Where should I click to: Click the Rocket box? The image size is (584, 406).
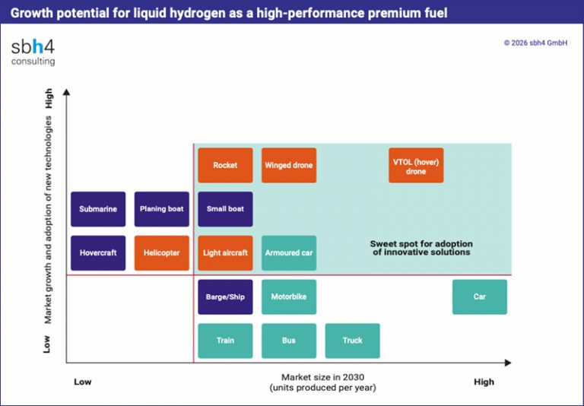pos(225,165)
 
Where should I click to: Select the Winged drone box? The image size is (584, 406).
pos(289,165)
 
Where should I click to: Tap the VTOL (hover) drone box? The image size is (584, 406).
pos(416,166)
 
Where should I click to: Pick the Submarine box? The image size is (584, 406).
pos(98,209)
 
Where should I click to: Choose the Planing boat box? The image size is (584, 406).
pos(162,209)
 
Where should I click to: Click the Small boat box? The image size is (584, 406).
pos(225,209)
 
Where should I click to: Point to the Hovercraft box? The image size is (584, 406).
pos(98,253)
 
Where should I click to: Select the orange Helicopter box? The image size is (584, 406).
pos(162,253)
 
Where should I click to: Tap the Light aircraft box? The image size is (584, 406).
pos(225,253)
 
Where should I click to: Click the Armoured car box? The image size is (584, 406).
pos(289,253)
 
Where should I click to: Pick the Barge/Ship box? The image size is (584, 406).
pos(225,297)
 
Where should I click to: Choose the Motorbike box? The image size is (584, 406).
pos(289,297)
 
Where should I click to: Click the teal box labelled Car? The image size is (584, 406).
pos(480,297)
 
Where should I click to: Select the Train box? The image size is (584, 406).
pos(225,341)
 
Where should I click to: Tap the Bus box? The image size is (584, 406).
pos(289,341)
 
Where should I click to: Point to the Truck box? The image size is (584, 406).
pos(352,341)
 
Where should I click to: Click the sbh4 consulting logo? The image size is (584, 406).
pos(33,52)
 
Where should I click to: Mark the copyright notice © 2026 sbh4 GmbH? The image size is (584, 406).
pos(535,43)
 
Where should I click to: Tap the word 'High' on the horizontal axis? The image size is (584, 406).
pos(483,382)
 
